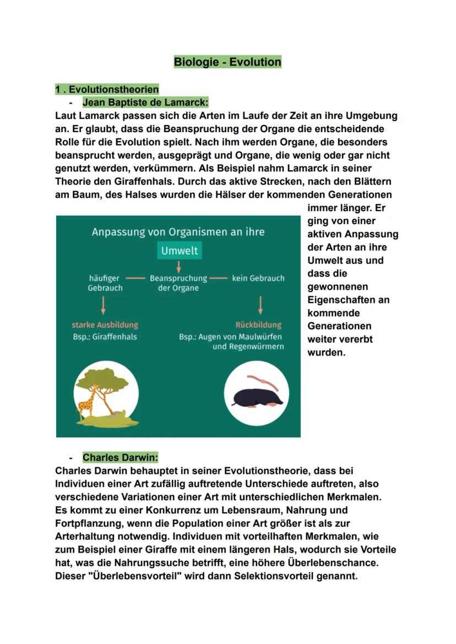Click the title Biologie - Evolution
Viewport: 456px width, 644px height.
tap(227, 62)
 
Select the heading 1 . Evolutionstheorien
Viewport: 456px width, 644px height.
tap(107, 89)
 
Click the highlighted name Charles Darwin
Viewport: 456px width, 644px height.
tap(120, 457)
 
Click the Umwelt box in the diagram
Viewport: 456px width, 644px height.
tap(179, 251)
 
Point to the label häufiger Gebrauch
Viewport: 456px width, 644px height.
tap(105, 283)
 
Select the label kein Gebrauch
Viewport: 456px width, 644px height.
tap(258, 278)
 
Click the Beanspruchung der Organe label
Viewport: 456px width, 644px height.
tap(178, 283)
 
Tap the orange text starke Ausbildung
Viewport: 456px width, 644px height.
tap(105, 325)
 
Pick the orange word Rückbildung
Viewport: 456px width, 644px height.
tap(258, 325)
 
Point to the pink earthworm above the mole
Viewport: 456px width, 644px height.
tap(257, 380)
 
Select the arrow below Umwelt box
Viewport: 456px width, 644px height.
tap(179, 266)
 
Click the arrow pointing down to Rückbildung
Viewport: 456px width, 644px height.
tap(260, 305)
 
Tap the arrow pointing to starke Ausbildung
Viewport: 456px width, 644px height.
tap(103, 305)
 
